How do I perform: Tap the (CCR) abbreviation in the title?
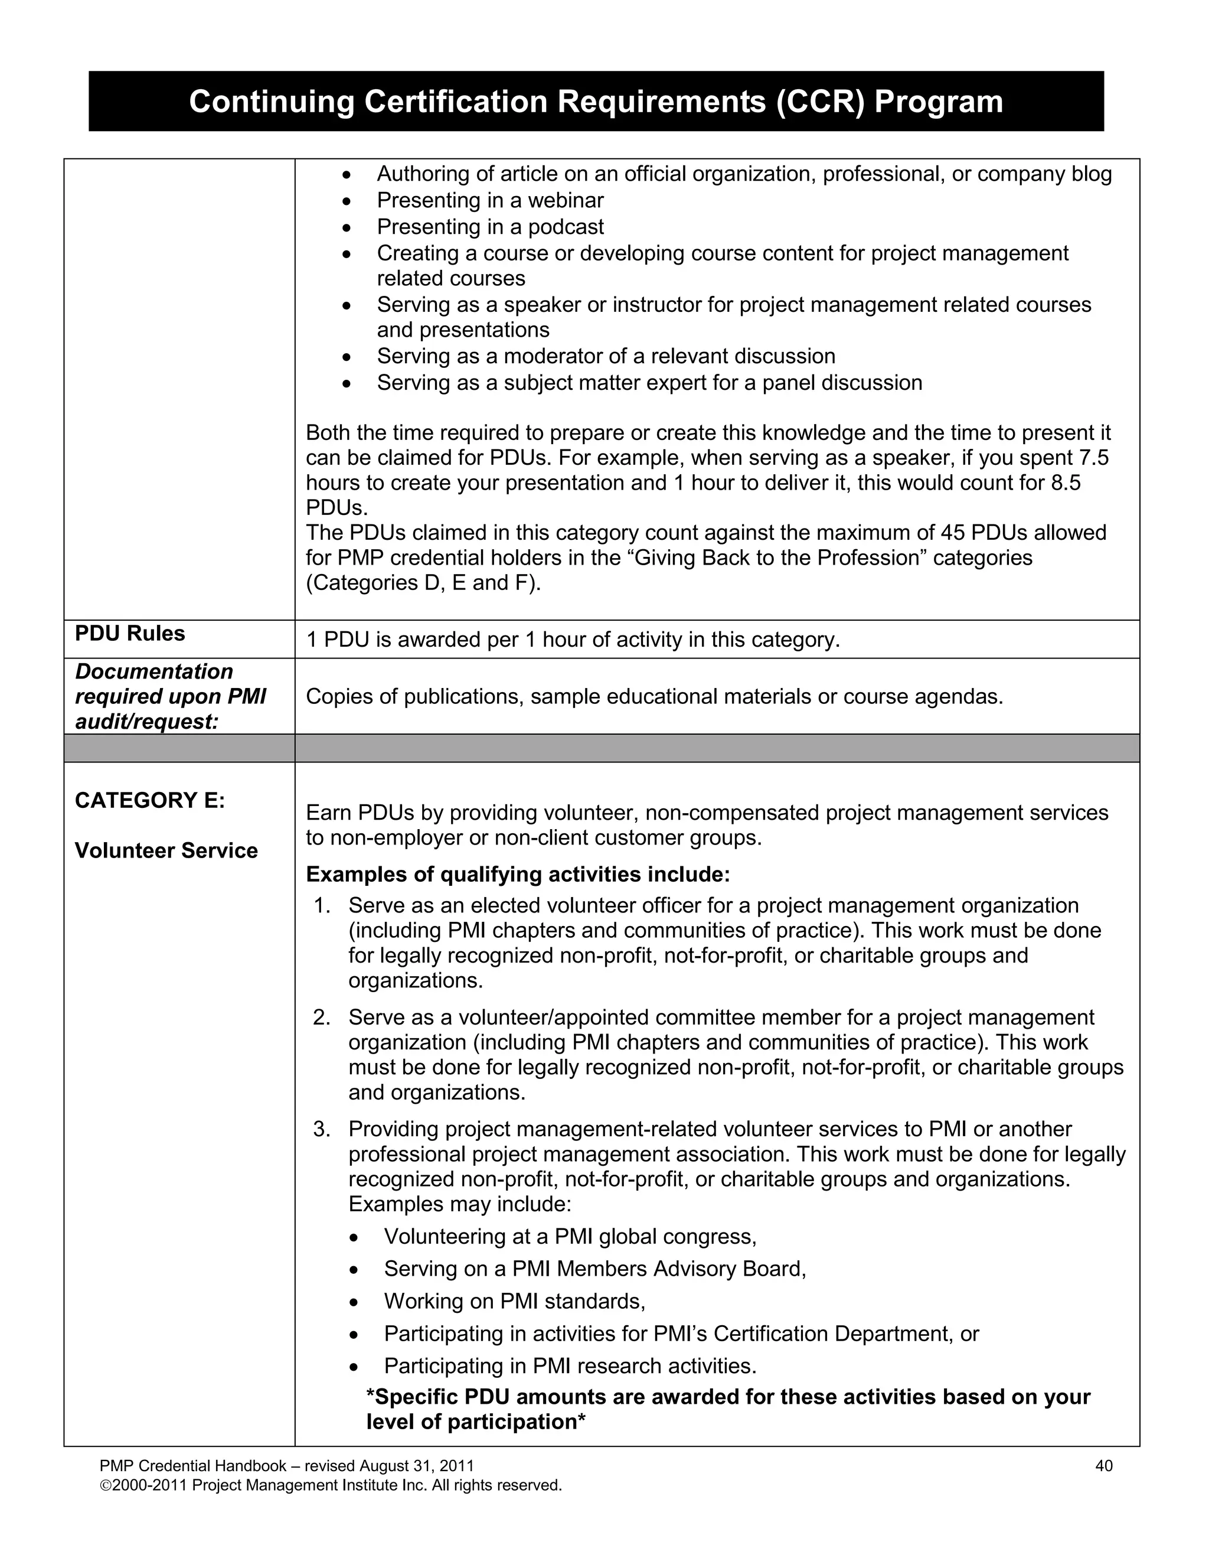point(820,102)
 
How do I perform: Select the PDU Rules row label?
point(130,634)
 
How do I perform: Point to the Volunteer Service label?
point(166,850)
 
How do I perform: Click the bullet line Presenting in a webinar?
point(490,200)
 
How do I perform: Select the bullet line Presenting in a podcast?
point(490,226)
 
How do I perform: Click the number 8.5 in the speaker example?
point(1065,482)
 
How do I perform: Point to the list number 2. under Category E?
point(322,1017)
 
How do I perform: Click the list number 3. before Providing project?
point(322,1129)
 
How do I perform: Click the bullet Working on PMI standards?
point(514,1300)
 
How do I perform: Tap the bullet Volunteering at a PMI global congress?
point(570,1236)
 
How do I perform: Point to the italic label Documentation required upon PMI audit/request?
point(171,696)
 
